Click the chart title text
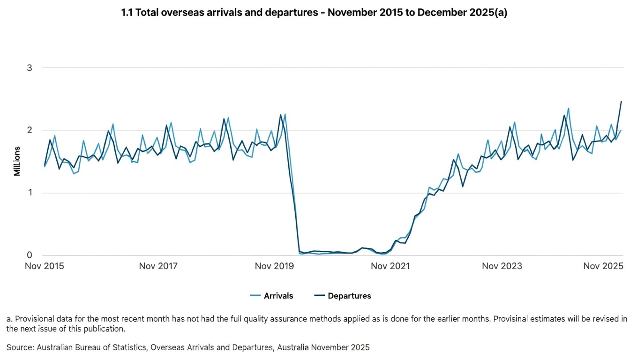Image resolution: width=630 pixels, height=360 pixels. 314,13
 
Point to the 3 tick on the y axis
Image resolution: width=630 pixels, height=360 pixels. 30,67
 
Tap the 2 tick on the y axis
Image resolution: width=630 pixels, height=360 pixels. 30,130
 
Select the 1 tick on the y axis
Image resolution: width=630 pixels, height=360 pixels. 30,193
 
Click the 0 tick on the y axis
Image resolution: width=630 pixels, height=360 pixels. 30,255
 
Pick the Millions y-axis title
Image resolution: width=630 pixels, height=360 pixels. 17,161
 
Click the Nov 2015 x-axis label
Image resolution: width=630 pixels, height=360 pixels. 45,266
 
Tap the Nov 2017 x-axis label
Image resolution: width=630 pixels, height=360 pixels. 158,266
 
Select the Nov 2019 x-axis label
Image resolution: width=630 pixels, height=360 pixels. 274,266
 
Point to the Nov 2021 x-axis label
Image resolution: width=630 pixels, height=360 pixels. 390,266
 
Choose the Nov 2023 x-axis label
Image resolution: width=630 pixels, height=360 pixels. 502,266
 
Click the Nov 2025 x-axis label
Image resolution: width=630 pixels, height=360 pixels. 603,266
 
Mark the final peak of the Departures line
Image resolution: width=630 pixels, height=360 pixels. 621,101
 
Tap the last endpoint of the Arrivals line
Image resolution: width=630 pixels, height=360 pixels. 621,131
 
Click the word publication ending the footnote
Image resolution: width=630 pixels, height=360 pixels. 104,329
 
